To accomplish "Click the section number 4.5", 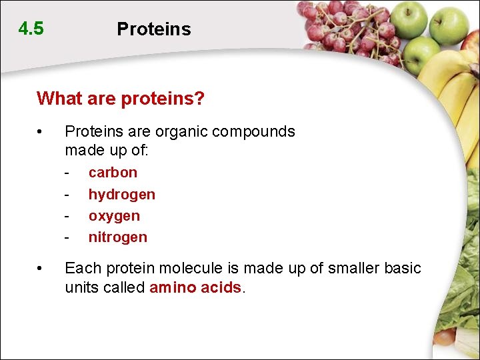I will click(x=31, y=29).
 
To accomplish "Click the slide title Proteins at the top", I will click(x=153, y=29).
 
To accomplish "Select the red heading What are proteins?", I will click(x=121, y=99).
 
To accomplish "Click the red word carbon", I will click(x=113, y=172).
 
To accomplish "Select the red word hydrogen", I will click(x=121, y=194).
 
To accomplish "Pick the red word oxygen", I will click(x=114, y=216).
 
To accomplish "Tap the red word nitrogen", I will click(x=117, y=237).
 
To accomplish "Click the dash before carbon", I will click(x=67, y=173).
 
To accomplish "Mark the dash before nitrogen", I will click(x=67, y=237).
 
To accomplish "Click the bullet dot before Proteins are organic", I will click(x=41, y=131).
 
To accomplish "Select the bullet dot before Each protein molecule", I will click(x=41, y=269).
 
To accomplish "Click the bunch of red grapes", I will click(x=347, y=30).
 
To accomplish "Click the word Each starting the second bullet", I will click(x=80, y=268).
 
